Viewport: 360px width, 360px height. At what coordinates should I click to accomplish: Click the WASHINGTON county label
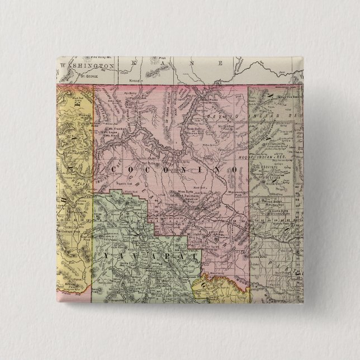click(x=87, y=65)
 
